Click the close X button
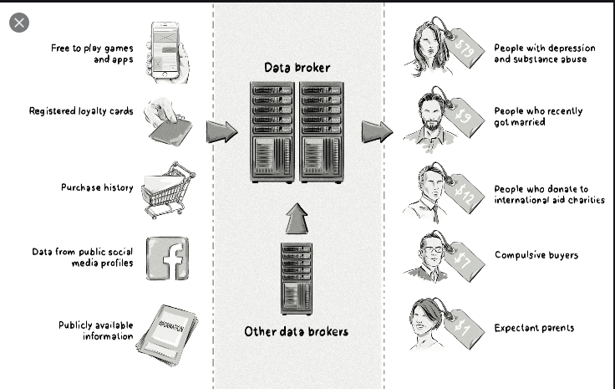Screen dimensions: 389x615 tap(19, 23)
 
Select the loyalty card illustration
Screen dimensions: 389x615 tap(169, 122)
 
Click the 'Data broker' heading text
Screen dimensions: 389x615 tap(297, 68)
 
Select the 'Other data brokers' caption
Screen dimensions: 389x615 tap(296, 331)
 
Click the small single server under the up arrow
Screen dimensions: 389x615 tap(296, 278)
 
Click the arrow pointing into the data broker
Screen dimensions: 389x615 tap(221, 131)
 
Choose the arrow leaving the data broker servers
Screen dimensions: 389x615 tap(377, 131)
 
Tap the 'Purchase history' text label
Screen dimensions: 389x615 tap(97, 187)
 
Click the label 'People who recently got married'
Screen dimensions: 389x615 tap(538, 116)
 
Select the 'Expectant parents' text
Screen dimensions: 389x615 tap(534, 328)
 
